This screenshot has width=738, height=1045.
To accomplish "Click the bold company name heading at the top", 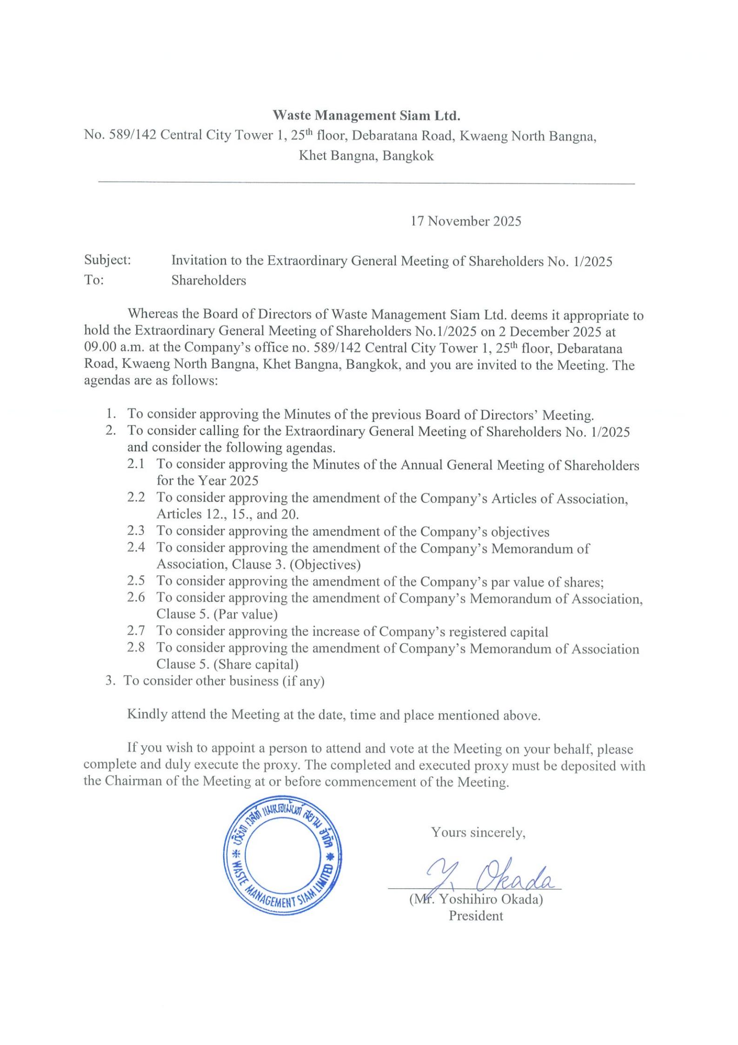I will click(x=366, y=115).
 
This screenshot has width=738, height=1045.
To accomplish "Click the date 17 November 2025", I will click(x=465, y=221).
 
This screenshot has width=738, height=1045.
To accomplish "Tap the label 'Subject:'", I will click(x=107, y=261).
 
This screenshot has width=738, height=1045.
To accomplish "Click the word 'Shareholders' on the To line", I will click(x=208, y=280).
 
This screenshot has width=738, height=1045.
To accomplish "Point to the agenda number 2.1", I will click(x=136, y=464).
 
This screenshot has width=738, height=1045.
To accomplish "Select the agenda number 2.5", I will click(x=136, y=581).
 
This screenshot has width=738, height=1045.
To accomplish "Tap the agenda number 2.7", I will click(x=136, y=631).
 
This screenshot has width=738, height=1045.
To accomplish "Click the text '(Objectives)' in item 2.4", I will click(x=325, y=564).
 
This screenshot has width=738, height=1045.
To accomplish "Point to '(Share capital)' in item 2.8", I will click(x=258, y=664).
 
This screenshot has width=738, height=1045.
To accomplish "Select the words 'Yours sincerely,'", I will click(x=478, y=832).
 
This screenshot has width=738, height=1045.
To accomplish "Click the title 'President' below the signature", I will click(x=476, y=916).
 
